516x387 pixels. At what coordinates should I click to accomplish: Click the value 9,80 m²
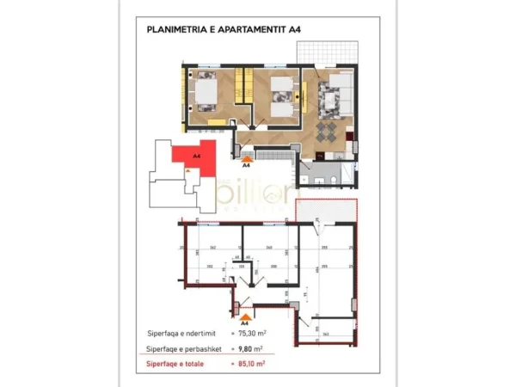pyautogui.click(x=250, y=348)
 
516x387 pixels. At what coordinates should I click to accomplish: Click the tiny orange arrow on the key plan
pyautogui.click(x=187, y=170)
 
